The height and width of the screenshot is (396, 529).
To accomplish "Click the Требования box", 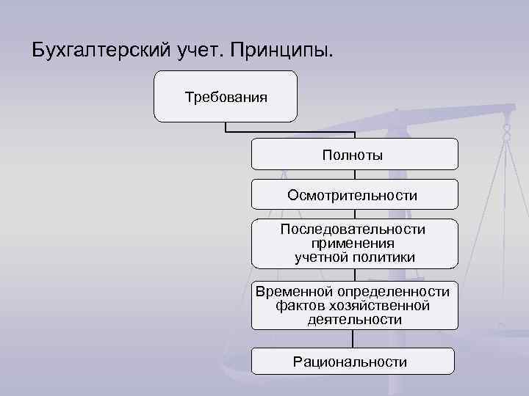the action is pyautogui.click(x=226, y=96).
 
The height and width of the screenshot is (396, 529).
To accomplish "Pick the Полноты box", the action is pyautogui.click(x=354, y=154).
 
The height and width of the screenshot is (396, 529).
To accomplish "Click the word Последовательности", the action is pyautogui.click(x=353, y=230).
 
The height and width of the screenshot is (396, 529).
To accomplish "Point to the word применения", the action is pyautogui.click(x=353, y=243).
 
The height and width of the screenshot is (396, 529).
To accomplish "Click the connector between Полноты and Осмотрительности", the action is pyautogui.click(x=354, y=175).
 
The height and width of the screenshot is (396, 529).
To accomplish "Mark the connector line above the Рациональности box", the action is pyautogui.click(x=353, y=338).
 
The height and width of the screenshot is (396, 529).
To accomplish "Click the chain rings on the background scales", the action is pyautogui.click(x=506, y=133).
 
